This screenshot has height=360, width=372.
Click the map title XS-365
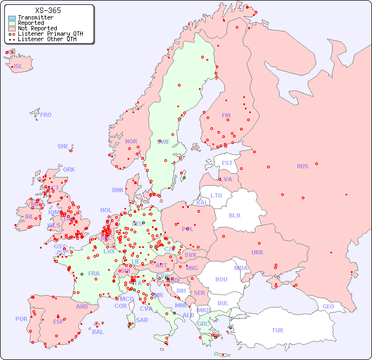48,10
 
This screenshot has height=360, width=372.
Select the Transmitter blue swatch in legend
12,18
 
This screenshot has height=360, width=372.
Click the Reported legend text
31,23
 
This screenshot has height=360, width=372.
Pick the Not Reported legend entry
37,29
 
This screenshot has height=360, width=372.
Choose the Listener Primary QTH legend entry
50,34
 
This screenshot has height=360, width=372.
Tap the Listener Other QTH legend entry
47,39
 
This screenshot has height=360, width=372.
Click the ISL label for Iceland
18,67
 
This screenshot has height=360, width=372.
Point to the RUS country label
302,166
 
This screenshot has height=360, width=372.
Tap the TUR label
277,330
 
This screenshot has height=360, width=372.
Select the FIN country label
226,115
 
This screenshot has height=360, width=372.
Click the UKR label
257,252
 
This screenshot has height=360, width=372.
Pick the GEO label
328,306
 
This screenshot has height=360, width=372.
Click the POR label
21,319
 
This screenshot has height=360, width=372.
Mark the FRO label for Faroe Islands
46,115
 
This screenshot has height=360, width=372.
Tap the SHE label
63,146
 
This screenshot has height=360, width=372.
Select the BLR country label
235,215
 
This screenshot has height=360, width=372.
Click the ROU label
221,279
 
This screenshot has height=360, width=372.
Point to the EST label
227,163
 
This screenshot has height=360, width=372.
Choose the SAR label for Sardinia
142,320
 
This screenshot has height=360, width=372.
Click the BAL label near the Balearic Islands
98,332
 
